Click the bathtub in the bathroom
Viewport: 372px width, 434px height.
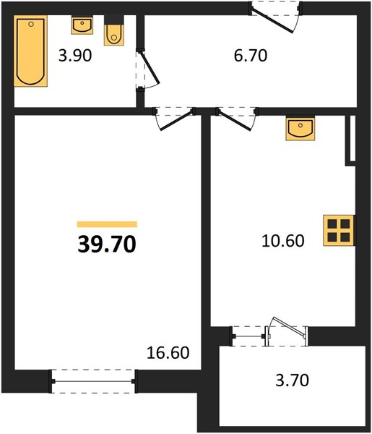[30, 51]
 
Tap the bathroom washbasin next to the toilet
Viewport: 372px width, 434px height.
[82, 25]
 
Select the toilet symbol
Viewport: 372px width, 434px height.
[114, 30]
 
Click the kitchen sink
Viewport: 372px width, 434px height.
[300, 129]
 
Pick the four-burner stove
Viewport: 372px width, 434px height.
[339, 230]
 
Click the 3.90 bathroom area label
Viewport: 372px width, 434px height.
[75, 56]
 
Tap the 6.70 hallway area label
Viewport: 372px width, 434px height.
[251, 56]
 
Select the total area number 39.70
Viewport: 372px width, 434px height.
[107, 244]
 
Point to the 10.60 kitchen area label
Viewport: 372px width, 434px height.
[282, 241]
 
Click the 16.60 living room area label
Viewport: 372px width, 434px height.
[168, 353]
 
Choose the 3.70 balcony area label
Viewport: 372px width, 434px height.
[292, 380]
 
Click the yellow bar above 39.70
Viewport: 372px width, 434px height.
[107, 224]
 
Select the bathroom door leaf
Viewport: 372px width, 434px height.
[150, 67]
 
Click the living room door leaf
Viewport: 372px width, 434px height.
[176, 120]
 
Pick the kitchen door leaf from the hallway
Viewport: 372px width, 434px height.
[235, 120]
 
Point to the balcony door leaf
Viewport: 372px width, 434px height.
[289, 327]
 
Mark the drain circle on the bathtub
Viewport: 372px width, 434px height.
[31, 24]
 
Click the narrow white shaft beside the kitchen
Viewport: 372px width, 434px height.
[352, 138]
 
